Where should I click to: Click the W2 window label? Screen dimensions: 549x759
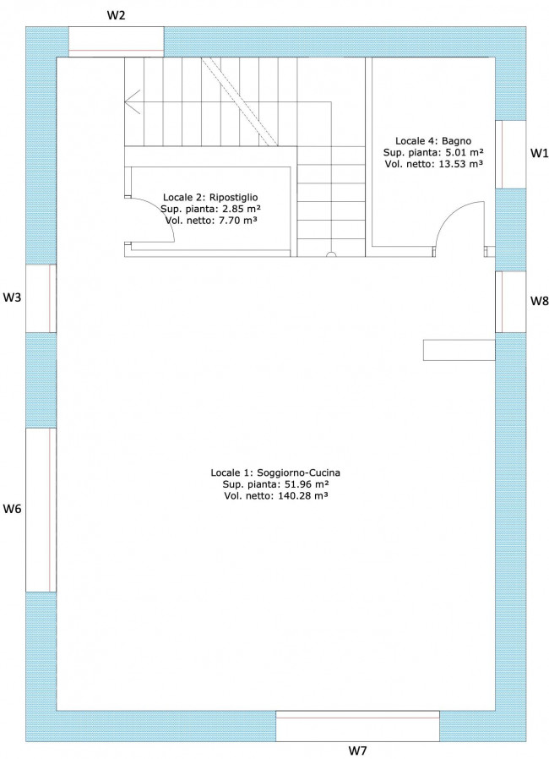116,15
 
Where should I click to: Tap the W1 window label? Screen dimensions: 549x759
540,153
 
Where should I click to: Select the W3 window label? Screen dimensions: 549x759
12,298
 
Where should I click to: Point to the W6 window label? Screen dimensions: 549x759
12,509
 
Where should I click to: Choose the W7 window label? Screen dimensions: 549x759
357,751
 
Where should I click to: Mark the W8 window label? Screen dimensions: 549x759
540,301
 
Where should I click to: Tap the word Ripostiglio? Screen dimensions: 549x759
234,198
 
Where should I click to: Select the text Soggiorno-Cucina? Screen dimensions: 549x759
298,472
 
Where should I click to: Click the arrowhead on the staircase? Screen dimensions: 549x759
132,102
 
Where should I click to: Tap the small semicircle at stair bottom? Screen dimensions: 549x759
331,254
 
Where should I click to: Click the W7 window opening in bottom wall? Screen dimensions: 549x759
357,726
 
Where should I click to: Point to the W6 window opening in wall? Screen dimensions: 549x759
41,510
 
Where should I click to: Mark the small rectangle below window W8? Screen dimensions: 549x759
459,350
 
